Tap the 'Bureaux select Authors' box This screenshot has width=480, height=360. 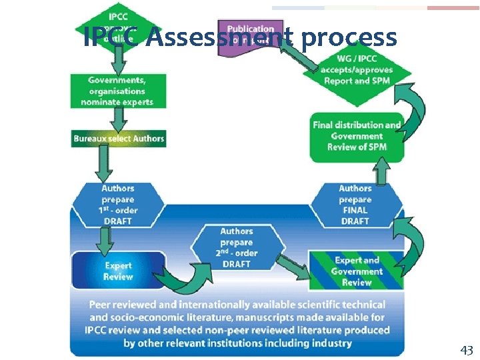click(x=119, y=139)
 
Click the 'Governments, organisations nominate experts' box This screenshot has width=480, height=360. click(x=117, y=91)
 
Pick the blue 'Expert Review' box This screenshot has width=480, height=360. click(x=117, y=271)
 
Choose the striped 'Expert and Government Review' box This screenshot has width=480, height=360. click(x=357, y=271)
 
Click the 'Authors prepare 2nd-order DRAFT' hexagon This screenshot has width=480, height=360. click(x=237, y=247)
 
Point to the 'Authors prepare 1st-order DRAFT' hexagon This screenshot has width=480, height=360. click(x=117, y=205)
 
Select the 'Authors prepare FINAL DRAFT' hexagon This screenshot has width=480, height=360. click(x=356, y=205)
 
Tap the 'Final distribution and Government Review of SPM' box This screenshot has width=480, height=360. click(x=357, y=136)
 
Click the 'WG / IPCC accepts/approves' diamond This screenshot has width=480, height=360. click(x=356, y=69)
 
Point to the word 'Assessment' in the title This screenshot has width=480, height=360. click(x=219, y=38)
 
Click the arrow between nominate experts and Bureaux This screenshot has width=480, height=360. click(x=119, y=119)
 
